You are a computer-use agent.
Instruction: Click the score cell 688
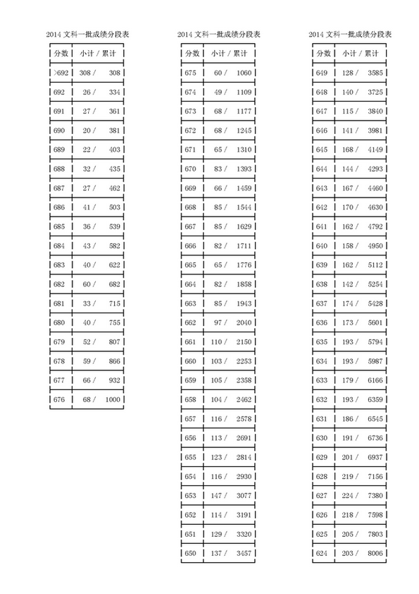click(x=59, y=169)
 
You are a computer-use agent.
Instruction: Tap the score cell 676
click(x=59, y=400)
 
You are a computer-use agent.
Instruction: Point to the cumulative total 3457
click(x=244, y=554)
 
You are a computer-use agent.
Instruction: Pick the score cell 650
click(x=191, y=554)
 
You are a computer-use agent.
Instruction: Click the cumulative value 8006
click(x=375, y=554)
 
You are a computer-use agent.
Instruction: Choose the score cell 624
click(x=322, y=554)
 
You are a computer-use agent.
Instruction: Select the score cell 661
click(x=191, y=342)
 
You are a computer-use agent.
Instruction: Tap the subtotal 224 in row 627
click(x=346, y=496)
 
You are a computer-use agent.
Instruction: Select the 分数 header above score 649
click(x=323, y=54)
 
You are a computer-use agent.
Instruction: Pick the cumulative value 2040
click(x=244, y=323)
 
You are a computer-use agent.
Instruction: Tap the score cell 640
click(x=322, y=246)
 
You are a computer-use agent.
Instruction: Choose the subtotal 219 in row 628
click(x=346, y=477)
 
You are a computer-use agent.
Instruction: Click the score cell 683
click(x=59, y=265)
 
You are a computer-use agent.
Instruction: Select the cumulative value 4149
click(x=375, y=150)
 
